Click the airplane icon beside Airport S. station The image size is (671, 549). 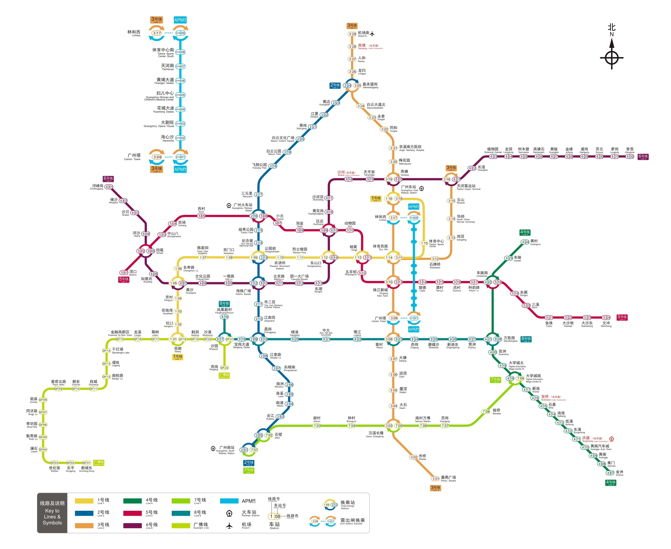[372, 33]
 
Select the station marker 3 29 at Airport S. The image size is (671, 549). [352, 34]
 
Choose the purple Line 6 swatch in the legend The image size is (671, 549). [133, 526]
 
